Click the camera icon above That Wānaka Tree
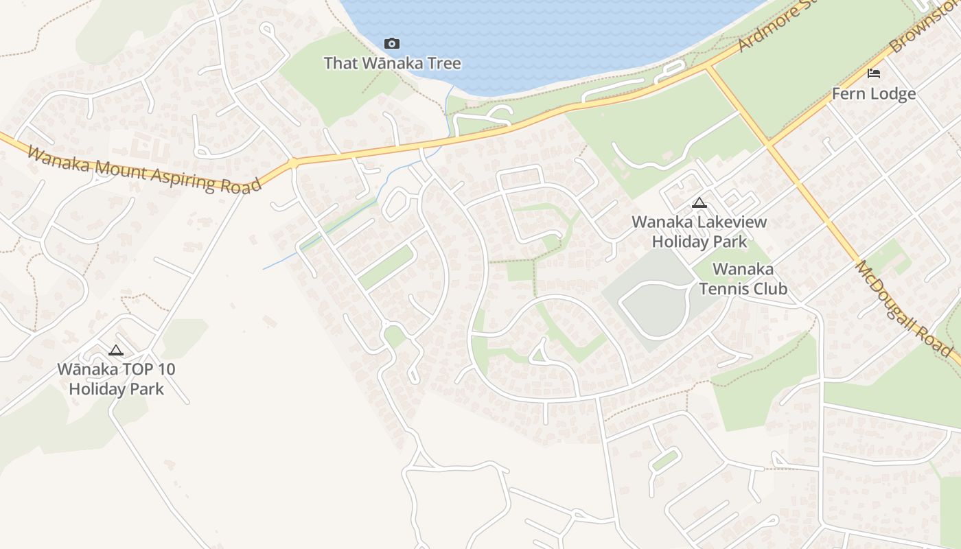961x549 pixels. click(x=392, y=44)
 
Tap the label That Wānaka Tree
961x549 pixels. click(x=392, y=63)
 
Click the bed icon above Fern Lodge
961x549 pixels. click(x=873, y=73)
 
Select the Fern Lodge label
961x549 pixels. click(x=873, y=94)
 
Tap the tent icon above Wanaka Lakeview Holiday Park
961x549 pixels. click(x=699, y=202)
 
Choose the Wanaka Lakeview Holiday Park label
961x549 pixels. click(x=699, y=232)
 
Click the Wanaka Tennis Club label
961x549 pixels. click(x=743, y=279)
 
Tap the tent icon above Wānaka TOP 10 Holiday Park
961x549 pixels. click(x=116, y=350)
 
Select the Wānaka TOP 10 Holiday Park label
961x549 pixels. click(x=116, y=379)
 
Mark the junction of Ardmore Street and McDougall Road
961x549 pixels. click(x=708, y=67)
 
